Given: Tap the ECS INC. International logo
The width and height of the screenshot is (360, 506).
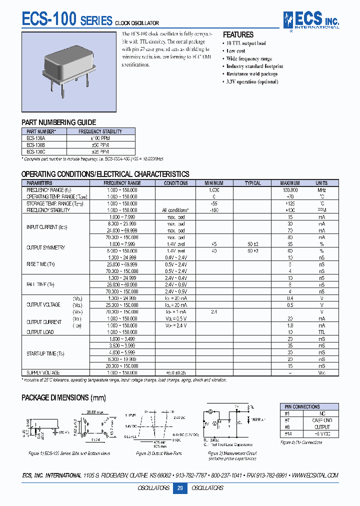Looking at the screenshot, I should pyautogui.click(x=310, y=20).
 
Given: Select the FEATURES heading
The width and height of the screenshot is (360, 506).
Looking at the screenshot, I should pyautogui.click(x=238, y=35).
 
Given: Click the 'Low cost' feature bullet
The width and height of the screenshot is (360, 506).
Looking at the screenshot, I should pyautogui.click(x=235, y=51).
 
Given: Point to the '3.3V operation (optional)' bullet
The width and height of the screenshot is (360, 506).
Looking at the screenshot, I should pyautogui.click(x=252, y=81).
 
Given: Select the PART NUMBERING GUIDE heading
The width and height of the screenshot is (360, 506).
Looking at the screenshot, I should pyautogui.click(x=58, y=122).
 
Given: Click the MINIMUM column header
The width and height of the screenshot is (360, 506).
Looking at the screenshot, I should pyautogui.click(x=213, y=183).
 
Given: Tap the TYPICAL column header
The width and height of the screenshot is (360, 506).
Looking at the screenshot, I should pyautogui.click(x=252, y=183).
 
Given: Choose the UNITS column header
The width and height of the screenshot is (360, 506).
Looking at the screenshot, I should pyautogui.click(x=321, y=183).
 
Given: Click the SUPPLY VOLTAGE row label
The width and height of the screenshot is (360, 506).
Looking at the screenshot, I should pyautogui.click(x=43, y=372).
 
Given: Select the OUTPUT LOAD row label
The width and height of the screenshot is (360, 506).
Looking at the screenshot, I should pyautogui.click(x=40, y=332).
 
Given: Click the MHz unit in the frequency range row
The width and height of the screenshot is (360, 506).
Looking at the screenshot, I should pyautogui.click(x=321, y=190).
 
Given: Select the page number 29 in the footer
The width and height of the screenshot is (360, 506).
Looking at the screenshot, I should pyautogui.click(x=179, y=488).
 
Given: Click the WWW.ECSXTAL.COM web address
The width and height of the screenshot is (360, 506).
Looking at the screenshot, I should pyautogui.click(x=313, y=475).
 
